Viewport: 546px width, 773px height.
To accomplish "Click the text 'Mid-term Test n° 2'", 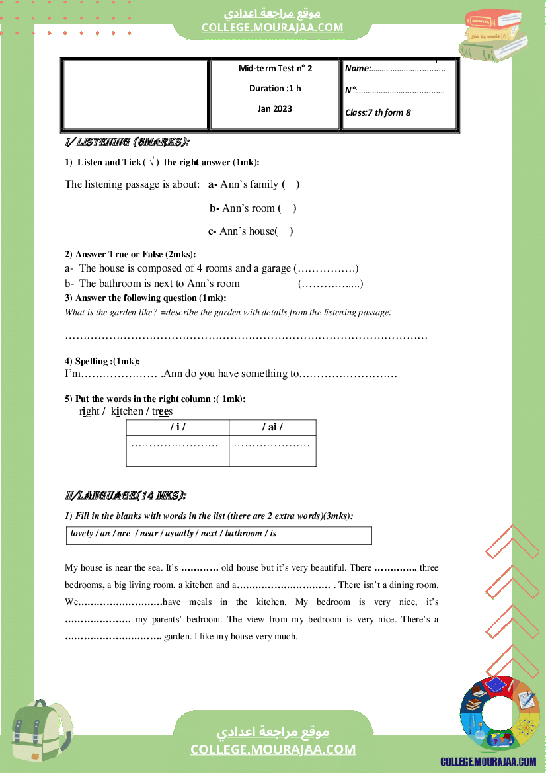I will (x=275, y=68).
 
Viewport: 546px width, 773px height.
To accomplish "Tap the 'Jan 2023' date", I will (x=274, y=108).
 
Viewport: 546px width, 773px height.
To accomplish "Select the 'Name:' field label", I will (x=358, y=68).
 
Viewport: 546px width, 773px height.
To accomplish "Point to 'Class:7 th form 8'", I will (x=377, y=112).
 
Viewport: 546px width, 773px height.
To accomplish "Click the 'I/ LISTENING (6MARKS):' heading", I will (x=127, y=142).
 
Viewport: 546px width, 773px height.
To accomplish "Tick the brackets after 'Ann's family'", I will (x=291, y=184).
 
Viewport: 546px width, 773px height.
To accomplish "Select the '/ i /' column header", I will (x=178, y=427).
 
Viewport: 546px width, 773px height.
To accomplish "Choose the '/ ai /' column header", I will (x=272, y=427).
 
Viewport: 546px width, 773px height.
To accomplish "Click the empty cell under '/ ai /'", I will (x=272, y=450).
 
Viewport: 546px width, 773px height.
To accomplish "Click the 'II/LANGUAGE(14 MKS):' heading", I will (x=125, y=495).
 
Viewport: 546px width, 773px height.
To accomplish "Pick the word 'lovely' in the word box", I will (x=81, y=534).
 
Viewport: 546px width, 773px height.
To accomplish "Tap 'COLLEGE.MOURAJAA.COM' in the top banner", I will (x=272, y=27).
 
